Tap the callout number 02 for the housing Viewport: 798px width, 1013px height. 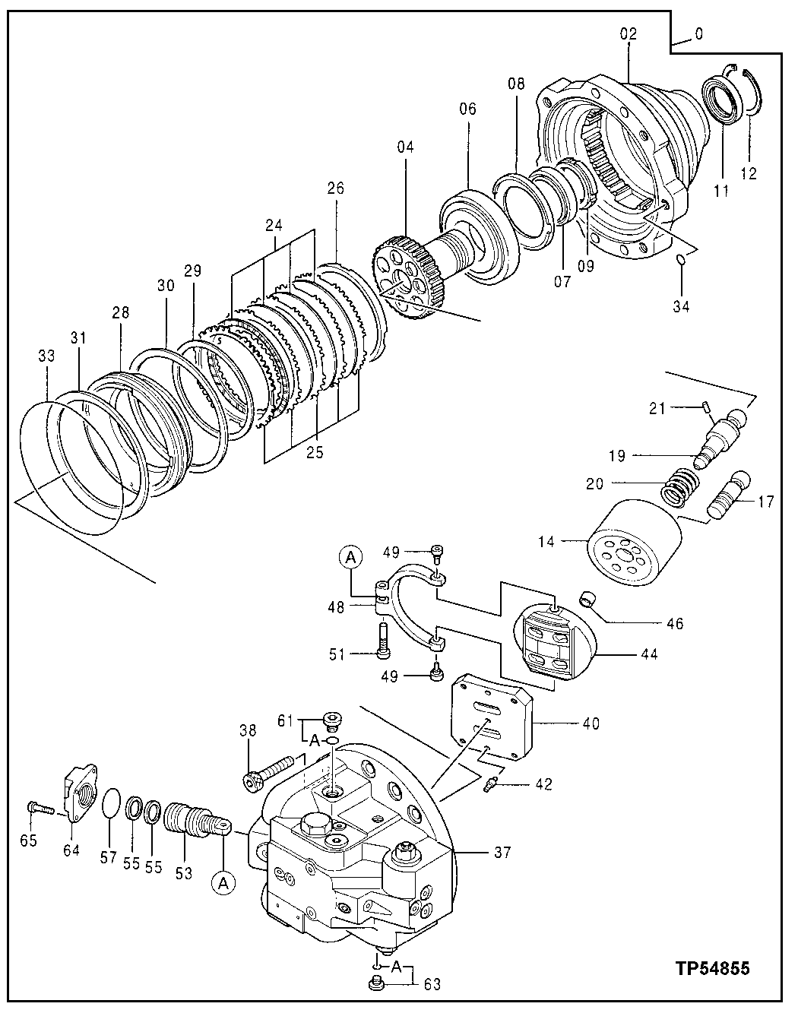[x=629, y=33]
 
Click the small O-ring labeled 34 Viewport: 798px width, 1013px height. [x=681, y=261]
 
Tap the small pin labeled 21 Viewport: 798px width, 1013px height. [x=705, y=407]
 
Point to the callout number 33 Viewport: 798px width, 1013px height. [x=46, y=355]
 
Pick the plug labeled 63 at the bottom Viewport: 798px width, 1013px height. [x=375, y=985]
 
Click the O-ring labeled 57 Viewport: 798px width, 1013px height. [x=111, y=802]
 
